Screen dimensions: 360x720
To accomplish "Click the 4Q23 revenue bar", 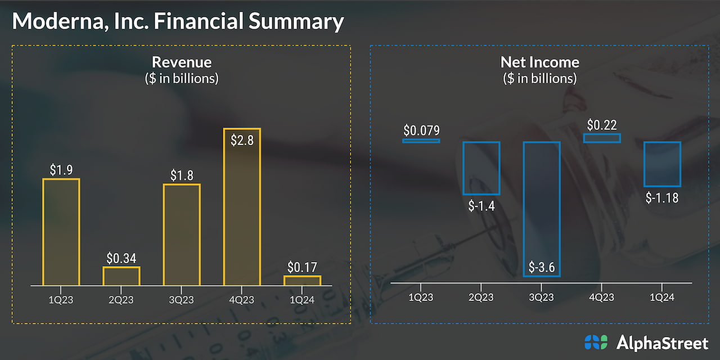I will [242, 207].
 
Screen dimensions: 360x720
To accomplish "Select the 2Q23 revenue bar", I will [121, 276].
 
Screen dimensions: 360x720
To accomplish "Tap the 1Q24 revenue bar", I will [302, 280].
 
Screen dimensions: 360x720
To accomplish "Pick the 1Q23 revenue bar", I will [61, 232].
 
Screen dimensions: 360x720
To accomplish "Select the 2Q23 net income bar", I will [481, 168].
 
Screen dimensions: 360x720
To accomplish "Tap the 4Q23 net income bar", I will [602, 138].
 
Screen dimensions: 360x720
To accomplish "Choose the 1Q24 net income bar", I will [662, 164].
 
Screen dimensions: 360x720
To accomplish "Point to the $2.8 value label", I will [242, 139].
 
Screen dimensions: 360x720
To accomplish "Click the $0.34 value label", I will [121, 258].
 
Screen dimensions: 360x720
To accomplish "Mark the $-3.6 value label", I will [541, 267].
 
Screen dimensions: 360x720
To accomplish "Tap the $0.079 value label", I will [421, 130].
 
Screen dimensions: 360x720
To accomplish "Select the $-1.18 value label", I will [662, 197].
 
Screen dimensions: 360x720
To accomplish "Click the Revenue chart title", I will [182, 62].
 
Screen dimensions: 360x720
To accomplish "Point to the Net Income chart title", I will [539, 62].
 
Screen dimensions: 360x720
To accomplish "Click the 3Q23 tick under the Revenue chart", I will [181, 299].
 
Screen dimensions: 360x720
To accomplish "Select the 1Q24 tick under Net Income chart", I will [661, 297].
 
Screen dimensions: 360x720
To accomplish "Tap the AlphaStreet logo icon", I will [596, 342].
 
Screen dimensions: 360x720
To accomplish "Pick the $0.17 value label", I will [302, 267].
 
